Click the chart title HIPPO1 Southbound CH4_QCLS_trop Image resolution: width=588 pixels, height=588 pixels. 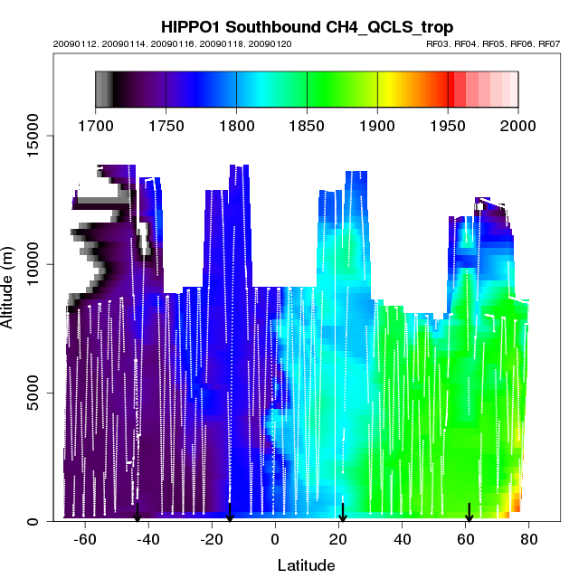pos(307,28)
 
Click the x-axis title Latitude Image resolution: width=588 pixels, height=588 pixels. pos(306,565)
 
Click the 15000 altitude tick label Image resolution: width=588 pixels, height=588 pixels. pos(31,136)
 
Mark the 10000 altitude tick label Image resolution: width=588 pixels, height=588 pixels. pos(31,264)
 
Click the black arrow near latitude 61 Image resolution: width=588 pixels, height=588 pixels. pos(469,513)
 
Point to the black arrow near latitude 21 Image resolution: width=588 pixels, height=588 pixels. pos(342,513)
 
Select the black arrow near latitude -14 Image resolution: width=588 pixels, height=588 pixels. pos(230,513)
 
